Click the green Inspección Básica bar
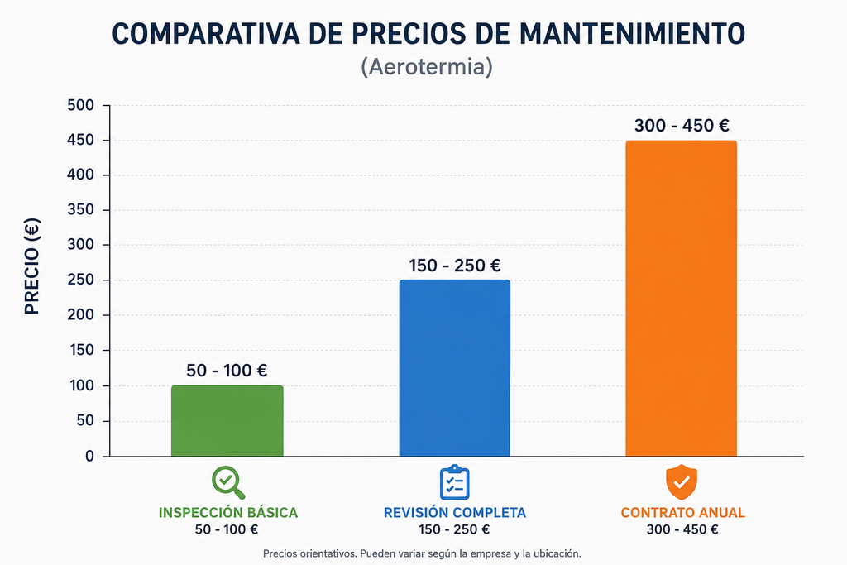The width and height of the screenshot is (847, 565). pos(227,421)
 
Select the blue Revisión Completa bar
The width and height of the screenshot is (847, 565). pos(455,368)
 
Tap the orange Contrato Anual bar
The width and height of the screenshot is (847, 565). pos(682,298)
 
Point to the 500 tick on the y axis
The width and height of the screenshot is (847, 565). pos(80,105)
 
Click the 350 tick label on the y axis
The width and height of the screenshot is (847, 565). pos(80,209)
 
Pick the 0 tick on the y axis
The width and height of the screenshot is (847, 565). pos(89,457)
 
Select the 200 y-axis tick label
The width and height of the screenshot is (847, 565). pos(80,314)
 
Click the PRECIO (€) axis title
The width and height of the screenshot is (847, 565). pos(32,266)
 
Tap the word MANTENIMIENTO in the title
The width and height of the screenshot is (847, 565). pos(632,33)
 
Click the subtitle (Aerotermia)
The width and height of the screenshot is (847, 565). pos(427,67)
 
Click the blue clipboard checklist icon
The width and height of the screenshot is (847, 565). pos(455,481)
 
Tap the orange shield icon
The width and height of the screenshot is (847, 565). pos(682,481)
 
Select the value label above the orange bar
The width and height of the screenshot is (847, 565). pos(682,126)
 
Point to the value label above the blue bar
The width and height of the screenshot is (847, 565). pos(455,266)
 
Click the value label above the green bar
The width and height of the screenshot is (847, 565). pos(227,371)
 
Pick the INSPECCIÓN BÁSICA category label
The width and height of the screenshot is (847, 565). pos(228,513)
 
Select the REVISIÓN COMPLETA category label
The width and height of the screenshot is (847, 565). pos(455,513)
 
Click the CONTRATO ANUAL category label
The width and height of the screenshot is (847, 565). pos(682,513)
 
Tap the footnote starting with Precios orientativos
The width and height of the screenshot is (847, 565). pos(422,553)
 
